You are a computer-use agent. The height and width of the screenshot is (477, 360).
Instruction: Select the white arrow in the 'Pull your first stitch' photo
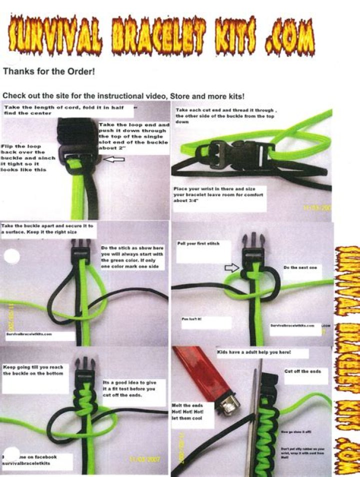pos(231,268)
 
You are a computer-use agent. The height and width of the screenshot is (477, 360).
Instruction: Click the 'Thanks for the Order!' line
pos(48,71)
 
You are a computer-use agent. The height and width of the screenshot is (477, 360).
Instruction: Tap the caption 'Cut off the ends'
pos(303,371)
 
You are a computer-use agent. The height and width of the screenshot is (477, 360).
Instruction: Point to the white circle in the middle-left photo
pos(11,256)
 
